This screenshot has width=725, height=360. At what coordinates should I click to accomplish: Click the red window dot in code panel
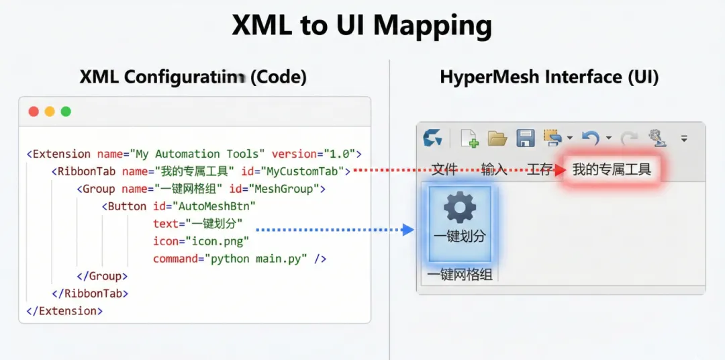pyautogui.click(x=34, y=111)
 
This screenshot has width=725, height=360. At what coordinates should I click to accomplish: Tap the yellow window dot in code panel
pyautogui.click(x=50, y=111)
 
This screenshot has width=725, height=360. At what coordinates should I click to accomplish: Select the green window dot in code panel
pyautogui.click(x=66, y=111)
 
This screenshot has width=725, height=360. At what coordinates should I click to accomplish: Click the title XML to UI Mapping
pyautogui.click(x=362, y=26)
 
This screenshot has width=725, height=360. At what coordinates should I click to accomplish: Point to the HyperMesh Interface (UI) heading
pyautogui.click(x=549, y=77)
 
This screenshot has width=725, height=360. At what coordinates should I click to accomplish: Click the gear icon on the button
pyautogui.click(x=460, y=208)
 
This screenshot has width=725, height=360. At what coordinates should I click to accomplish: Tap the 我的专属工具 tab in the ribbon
pyautogui.click(x=612, y=169)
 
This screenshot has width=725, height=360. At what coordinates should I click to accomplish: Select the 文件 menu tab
pyautogui.click(x=444, y=169)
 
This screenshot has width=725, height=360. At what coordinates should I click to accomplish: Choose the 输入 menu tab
pyautogui.click(x=494, y=169)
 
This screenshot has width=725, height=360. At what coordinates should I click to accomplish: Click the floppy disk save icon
pyautogui.click(x=525, y=138)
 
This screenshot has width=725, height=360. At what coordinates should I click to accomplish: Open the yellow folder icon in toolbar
pyautogui.click(x=497, y=138)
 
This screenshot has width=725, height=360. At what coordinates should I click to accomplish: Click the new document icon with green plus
pyautogui.click(x=469, y=138)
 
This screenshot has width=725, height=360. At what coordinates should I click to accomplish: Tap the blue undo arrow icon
pyautogui.click(x=590, y=138)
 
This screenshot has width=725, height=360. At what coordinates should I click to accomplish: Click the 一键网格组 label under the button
pyautogui.click(x=459, y=275)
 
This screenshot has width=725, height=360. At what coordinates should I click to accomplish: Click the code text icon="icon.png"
pyautogui.click(x=201, y=241)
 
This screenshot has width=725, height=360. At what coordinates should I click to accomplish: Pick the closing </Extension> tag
pyautogui.click(x=64, y=311)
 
